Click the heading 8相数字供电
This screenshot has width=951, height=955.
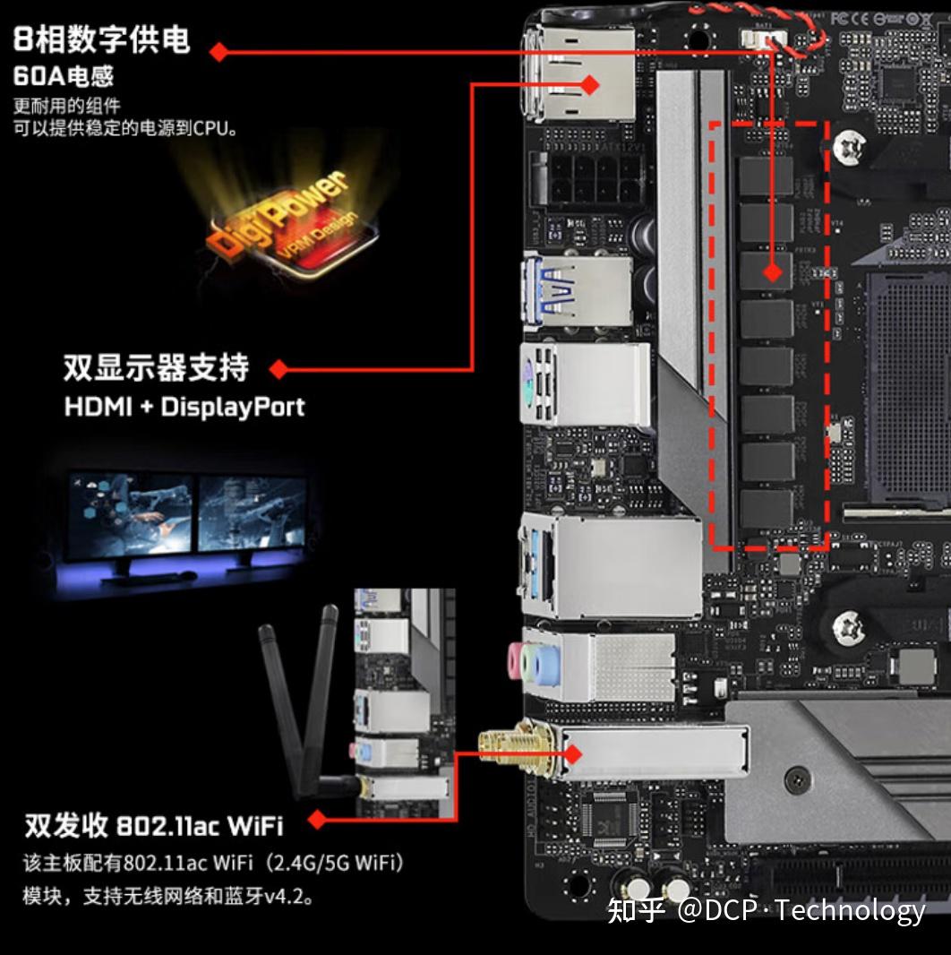tap(101, 39)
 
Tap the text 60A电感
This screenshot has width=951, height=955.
tap(64, 75)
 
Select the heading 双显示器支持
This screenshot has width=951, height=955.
tap(156, 367)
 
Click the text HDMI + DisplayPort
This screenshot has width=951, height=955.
tap(184, 407)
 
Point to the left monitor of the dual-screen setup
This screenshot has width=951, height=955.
tap(131, 514)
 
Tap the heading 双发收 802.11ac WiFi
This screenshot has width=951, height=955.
tap(152, 823)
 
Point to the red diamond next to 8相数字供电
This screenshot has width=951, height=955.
tap(218, 52)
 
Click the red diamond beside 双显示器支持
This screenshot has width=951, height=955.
tap(278, 368)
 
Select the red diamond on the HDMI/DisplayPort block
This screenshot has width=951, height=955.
tap(589, 84)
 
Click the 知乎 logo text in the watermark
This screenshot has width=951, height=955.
tap(636, 910)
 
